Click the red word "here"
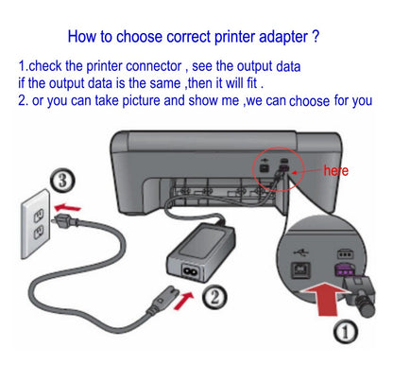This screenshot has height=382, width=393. (336, 172)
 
